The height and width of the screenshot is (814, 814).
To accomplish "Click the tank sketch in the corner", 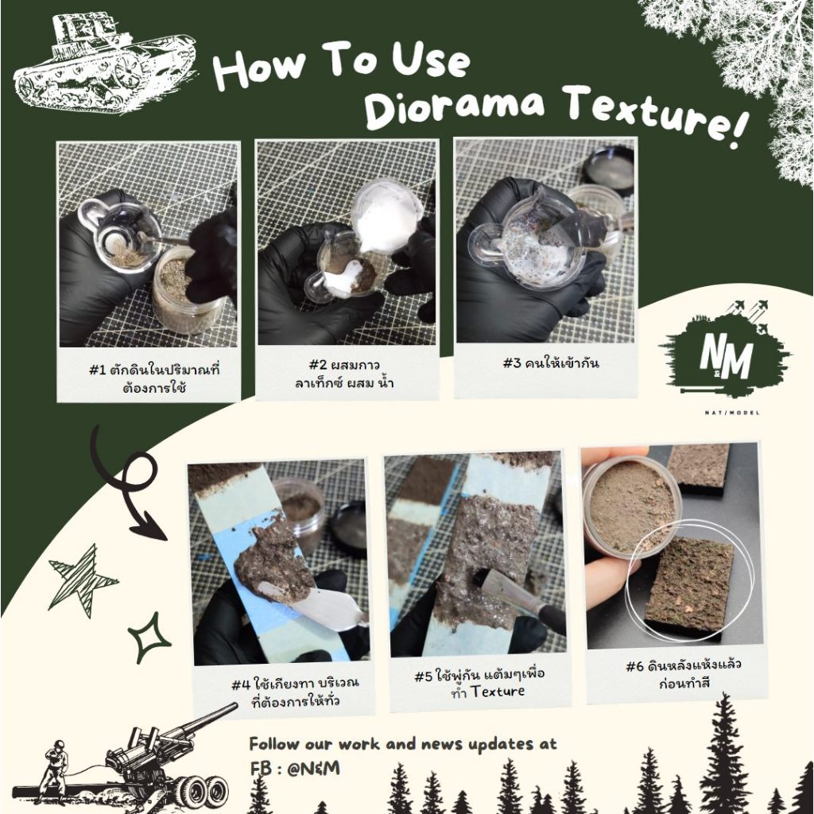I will coord(103,64).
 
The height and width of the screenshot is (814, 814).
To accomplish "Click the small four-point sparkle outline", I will coord(149,641).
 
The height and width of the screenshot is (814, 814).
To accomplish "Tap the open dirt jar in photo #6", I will coord(631,506).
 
